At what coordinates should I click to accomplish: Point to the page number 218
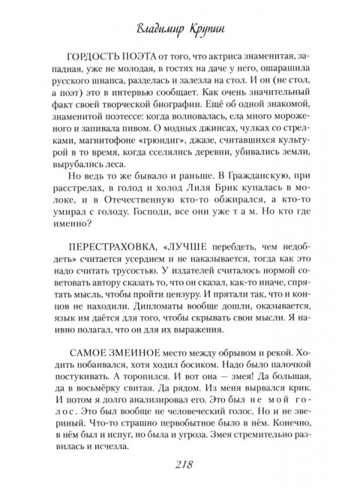tap(180, 465)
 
